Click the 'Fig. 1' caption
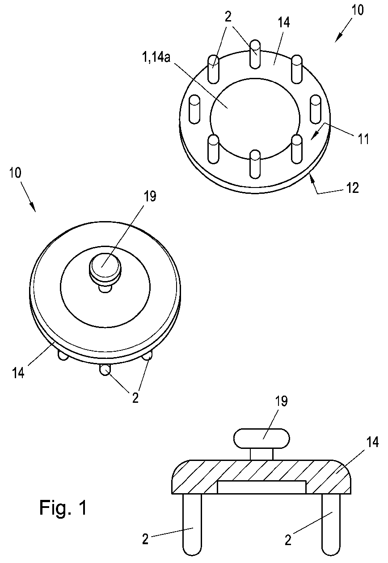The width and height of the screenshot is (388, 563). (63, 508)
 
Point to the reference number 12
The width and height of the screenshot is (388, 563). (352, 188)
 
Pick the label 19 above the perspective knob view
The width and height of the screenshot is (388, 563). (151, 197)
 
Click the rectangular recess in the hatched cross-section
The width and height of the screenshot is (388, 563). (261, 487)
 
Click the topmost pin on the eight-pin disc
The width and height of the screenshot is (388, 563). (255, 54)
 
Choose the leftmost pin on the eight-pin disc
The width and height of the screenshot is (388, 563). (194, 109)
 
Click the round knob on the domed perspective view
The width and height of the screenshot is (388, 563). (105, 269)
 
